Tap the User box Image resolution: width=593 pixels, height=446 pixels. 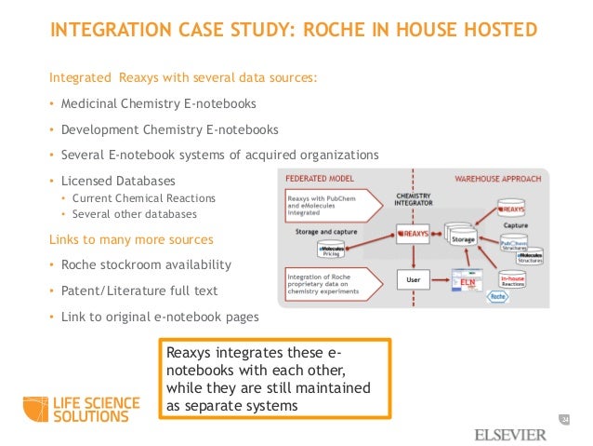[411, 277]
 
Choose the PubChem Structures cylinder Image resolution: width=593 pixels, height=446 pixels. [515, 245]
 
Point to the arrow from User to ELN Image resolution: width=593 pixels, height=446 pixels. [440, 278]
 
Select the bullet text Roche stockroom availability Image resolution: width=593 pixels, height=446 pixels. [145, 265]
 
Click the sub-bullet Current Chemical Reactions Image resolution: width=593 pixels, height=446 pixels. [143, 198]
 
